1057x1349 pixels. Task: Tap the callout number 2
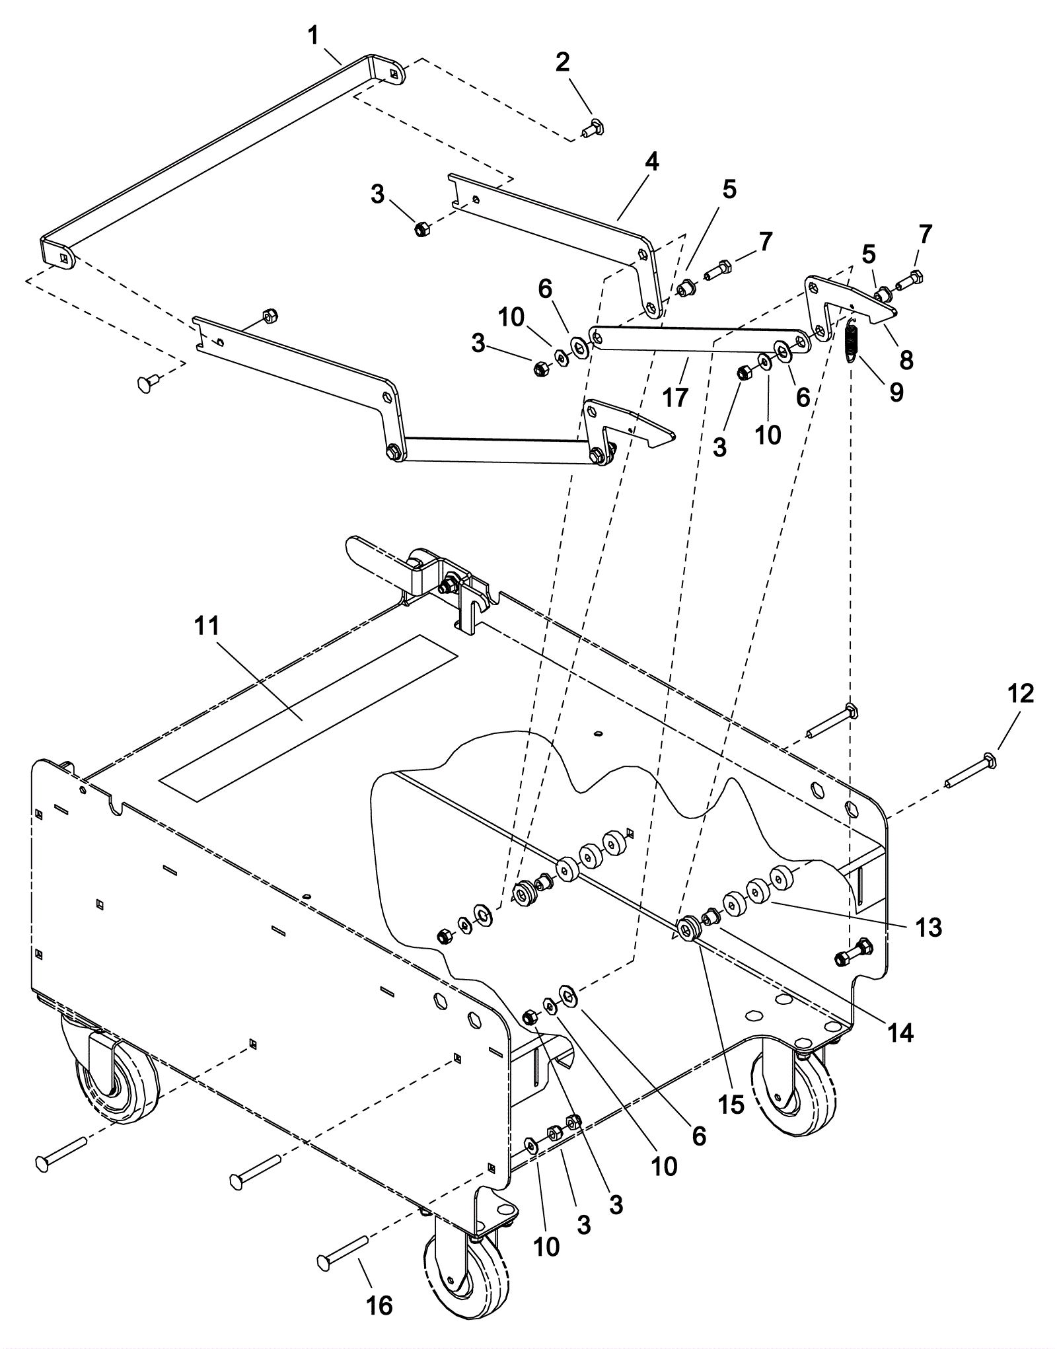click(562, 62)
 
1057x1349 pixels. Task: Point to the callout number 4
click(652, 162)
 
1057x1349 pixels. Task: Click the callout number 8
click(906, 360)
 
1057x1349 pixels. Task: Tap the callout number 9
click(896, 392)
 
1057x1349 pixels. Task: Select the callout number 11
click(206, 626)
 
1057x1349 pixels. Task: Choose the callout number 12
click(1021, 694)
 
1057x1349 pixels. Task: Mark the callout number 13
click(928, 927)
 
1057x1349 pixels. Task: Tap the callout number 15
click(731, 1104)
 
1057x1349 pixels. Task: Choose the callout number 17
click(675, 397)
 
